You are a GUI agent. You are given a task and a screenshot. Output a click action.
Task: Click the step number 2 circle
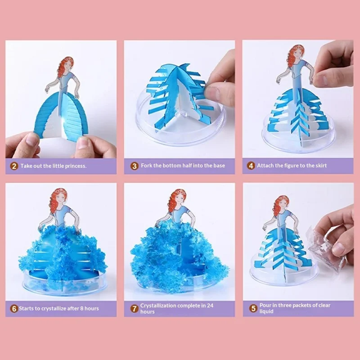(14, 166)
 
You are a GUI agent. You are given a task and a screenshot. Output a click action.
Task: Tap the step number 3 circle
(134, 166)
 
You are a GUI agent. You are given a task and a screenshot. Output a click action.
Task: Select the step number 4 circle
(251, 166)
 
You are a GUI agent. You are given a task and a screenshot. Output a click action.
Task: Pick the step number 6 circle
(14, 309)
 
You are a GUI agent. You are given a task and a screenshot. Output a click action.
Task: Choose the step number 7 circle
(134, 309)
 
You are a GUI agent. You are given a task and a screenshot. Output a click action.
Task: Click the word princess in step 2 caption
(73, 166)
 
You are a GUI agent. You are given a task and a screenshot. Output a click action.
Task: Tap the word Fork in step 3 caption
(147, 166)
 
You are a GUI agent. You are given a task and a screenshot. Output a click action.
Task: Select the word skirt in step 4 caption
(319, 166)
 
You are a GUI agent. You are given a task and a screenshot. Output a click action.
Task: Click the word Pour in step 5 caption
(267, 306)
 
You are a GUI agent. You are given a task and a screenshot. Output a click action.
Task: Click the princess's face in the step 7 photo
(179, 198)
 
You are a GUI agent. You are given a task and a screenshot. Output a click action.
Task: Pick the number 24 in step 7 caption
(210, 306)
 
